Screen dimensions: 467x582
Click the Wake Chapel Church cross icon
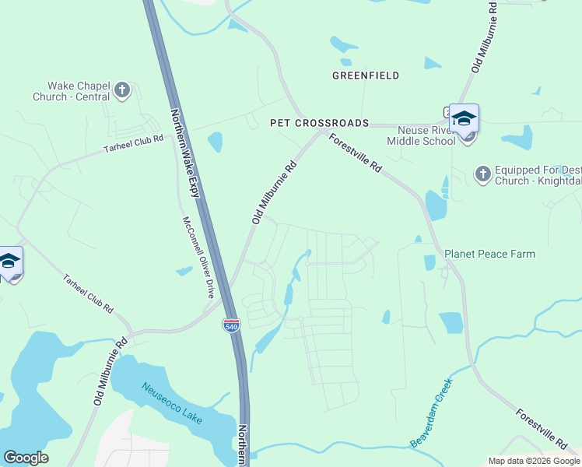pos(121,90)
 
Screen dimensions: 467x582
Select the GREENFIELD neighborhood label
pos(366,75)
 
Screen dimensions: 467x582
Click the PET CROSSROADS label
pos(319,123)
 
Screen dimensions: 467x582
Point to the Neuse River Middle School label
pos(426,135)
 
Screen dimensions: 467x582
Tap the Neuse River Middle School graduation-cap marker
pos(464,119)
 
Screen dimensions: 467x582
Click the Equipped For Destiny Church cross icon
pos(482,174)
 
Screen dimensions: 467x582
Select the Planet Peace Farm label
pos(489,254)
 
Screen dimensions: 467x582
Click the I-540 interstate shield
pos(231,325)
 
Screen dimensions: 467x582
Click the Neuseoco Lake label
pos(171,403)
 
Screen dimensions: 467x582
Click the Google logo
pos(26,458)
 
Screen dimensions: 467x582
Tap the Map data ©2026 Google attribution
pos(532,461)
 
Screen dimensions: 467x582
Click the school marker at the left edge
pos(9,262)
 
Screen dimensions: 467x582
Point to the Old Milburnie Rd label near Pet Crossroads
pos(275,193)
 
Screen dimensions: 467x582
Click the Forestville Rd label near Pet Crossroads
pos(356,153)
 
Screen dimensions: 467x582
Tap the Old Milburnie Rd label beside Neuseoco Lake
pos(110,371)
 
